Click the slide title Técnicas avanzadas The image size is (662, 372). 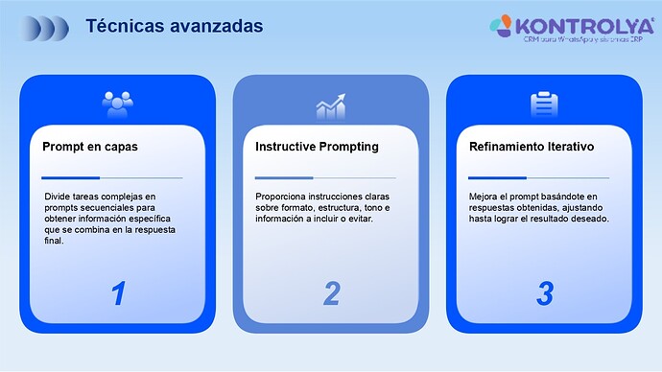point(174,26)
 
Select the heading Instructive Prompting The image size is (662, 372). point(317,147)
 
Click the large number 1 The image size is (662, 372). point(118,292)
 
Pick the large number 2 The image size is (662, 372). point(331,292)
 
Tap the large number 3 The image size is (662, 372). point(544,292)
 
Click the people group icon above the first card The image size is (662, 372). point(118,102)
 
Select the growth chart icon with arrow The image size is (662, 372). point(331,105)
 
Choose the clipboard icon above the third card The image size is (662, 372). point(544,104)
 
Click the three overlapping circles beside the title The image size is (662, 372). point(48,27)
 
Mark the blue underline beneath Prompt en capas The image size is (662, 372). point(71,177)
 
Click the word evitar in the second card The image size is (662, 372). point(357,220)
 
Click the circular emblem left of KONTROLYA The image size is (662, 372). point(502,24)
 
